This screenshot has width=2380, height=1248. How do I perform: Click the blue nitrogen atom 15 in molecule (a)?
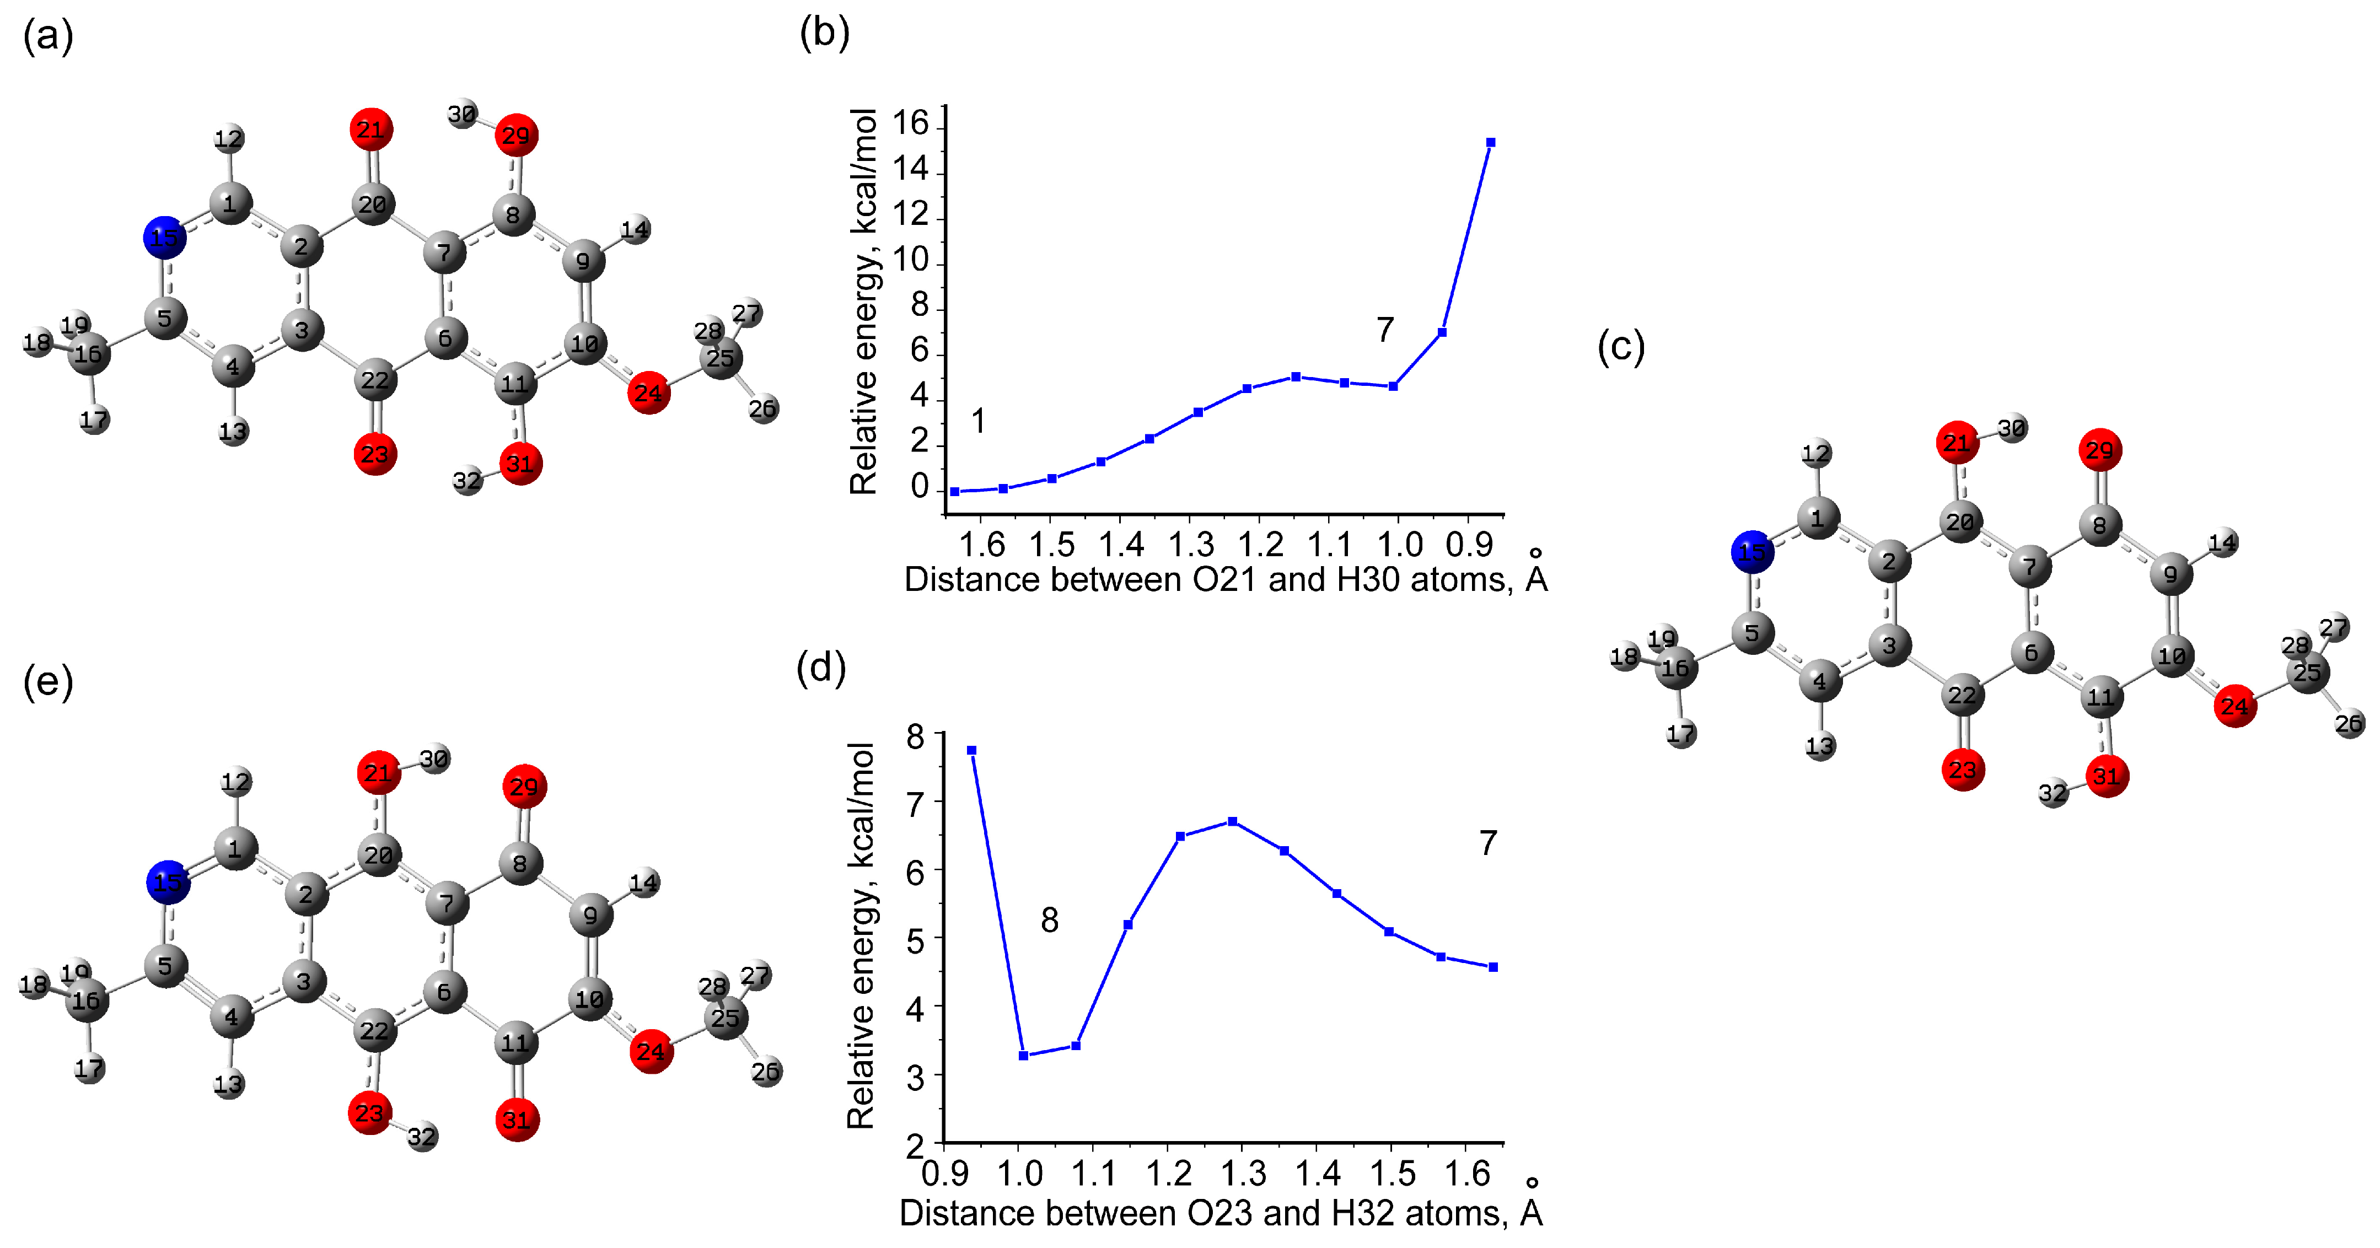[x=164, y=238]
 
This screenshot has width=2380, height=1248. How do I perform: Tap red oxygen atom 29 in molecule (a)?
[x=515, y=136]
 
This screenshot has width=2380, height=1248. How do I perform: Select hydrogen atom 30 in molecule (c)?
[x=2011, y=429]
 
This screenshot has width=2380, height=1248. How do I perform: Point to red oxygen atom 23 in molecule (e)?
[x=369, y=1112]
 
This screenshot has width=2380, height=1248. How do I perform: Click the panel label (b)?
[x=824, y=33]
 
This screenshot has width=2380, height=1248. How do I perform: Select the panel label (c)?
[x=1620, y=347]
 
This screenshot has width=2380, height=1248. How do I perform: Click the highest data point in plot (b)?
[x=1490, y=142]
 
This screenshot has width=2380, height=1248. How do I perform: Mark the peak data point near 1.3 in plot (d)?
[x=1233, y=821]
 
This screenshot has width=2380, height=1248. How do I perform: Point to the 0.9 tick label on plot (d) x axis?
[x=945, y=1173]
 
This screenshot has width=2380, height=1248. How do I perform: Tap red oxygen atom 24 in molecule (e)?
[x=651, y=1051]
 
